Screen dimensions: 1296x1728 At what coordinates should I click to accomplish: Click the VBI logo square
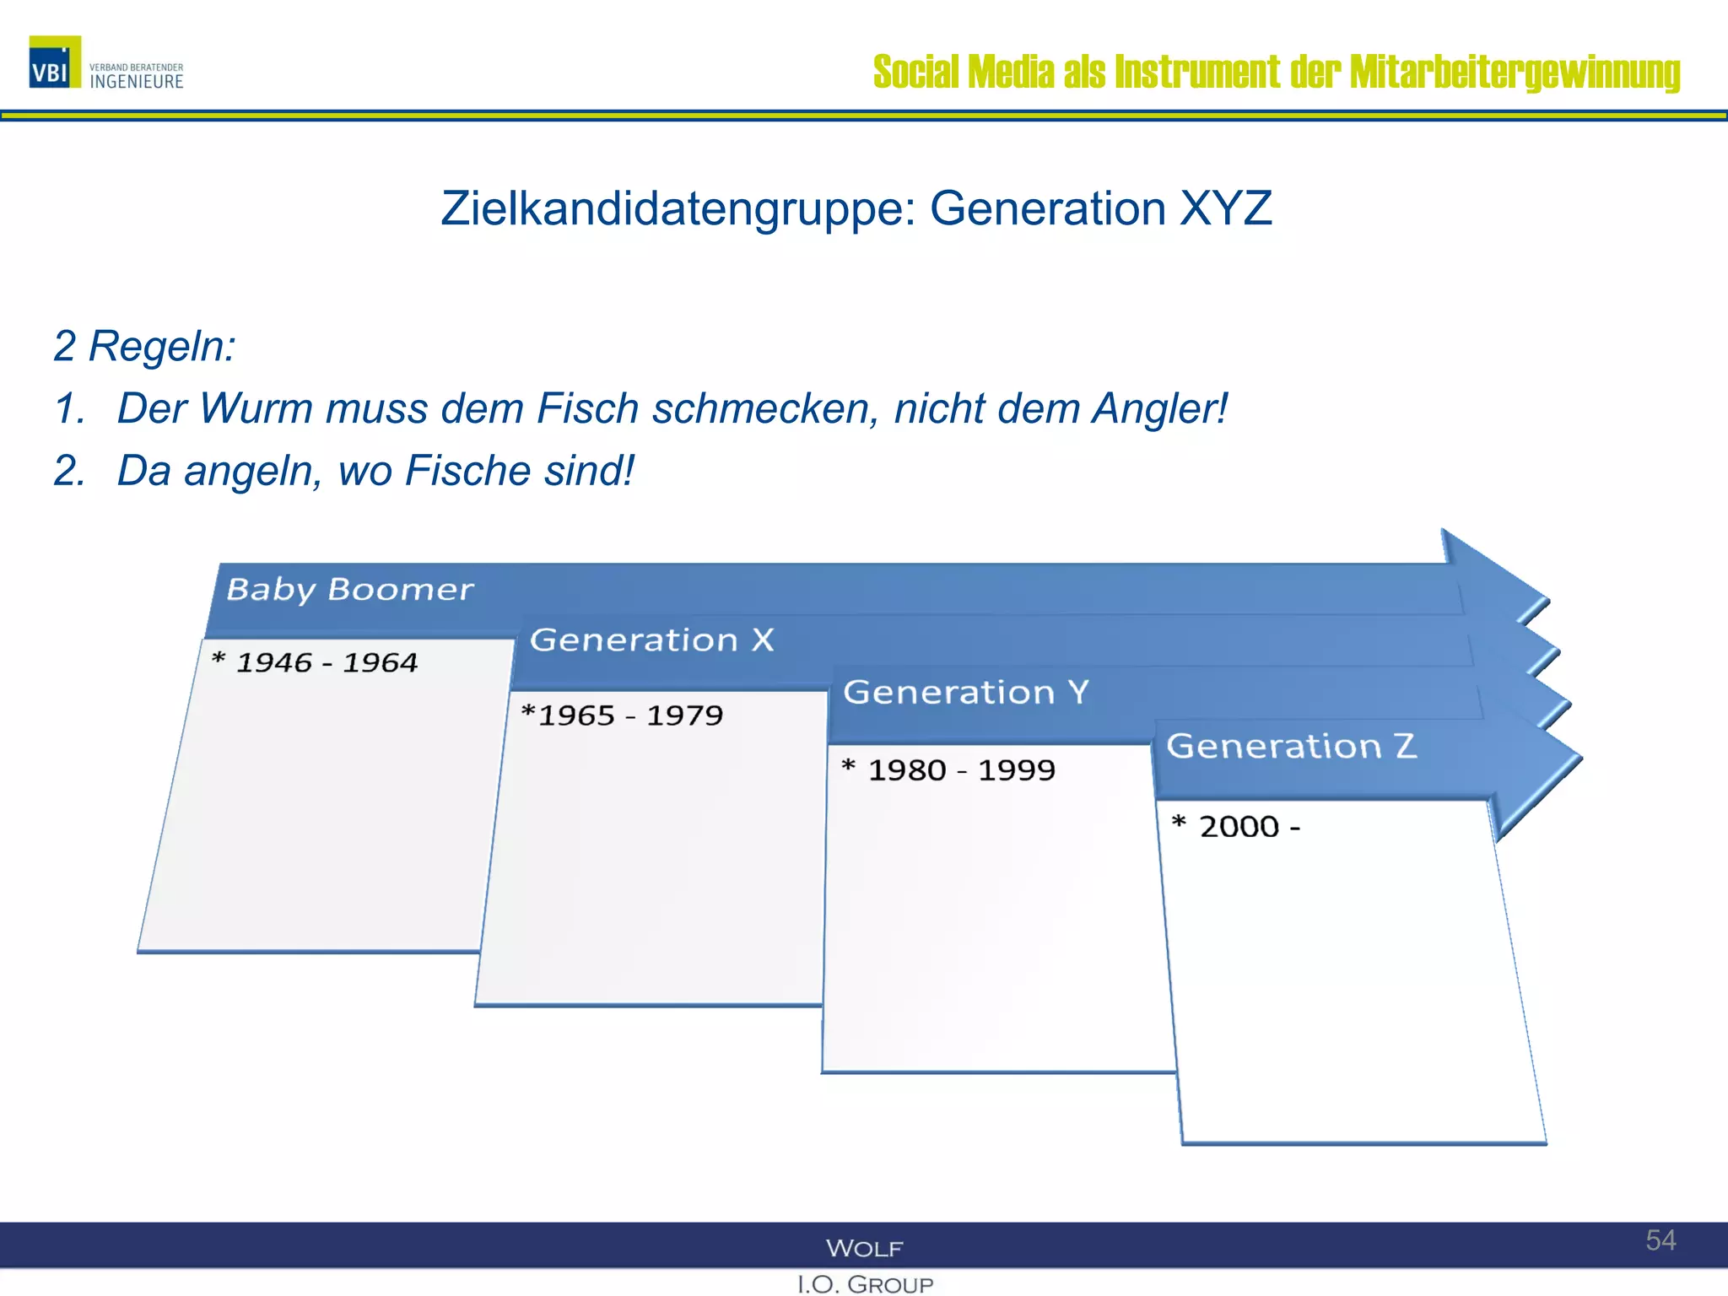(x=55, y=62)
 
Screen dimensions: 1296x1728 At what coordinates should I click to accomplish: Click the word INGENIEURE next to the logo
(x=137, y=82)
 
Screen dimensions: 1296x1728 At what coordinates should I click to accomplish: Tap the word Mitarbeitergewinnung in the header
(x=1515, y=72)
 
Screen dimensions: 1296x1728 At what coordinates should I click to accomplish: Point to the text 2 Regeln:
(x=144, y=346)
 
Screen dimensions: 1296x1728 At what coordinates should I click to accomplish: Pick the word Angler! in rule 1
(x=1159, y=408)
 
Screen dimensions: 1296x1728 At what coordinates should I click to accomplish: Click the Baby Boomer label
(x=350, y=589)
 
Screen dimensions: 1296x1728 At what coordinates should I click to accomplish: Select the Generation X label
(x=651, y=640)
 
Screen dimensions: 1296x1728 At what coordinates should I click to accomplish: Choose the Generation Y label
(x=966, y=693)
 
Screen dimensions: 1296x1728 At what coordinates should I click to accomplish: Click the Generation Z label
(x=1291, y=746)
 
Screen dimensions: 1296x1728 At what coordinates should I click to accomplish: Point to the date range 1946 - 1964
(x=327, y=662)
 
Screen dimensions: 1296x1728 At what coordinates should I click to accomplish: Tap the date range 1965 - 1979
(x=630, y=715)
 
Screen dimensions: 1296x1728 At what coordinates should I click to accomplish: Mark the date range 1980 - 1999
(x=961, y=769)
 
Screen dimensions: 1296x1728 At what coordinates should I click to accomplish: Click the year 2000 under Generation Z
(x=1239, y=826)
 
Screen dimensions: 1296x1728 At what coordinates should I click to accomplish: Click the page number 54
(x=1660, y=1239)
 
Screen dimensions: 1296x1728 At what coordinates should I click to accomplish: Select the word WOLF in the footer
(x=865, y=1248)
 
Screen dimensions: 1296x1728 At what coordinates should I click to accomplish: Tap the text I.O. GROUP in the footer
(x=865, y=1284)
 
